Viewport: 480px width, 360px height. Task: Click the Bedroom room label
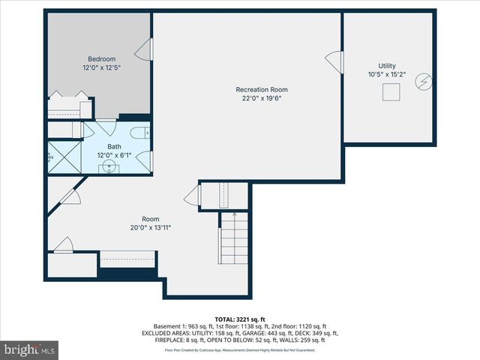pos(101,58)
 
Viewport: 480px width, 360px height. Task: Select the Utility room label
pos(387,65)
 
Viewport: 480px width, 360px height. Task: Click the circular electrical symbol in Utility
pos(424,79)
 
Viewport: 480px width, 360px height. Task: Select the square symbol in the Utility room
pos(390,92)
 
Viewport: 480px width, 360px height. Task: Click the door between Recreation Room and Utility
pos(335,61)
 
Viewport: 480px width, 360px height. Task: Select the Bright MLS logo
pos(30,349)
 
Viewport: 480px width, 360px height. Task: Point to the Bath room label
pos(114,146)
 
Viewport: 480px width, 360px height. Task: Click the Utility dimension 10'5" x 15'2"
pos(387,74)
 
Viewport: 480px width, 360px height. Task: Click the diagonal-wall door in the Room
pos(70,196)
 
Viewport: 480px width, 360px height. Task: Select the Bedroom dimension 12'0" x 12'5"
pos(101,67)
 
